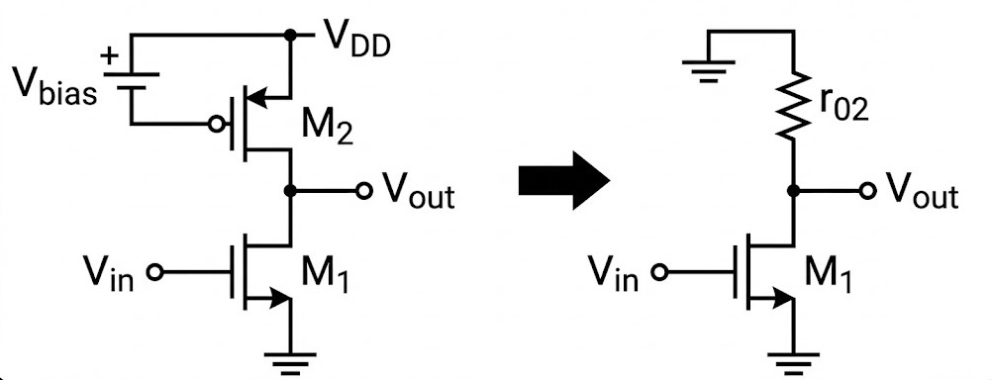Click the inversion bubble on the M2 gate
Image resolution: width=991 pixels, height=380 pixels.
click(x=214, y=126)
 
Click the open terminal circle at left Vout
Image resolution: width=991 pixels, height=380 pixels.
click(x=363, y=190)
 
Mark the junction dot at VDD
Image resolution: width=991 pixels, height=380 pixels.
click(x=291, y=36)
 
